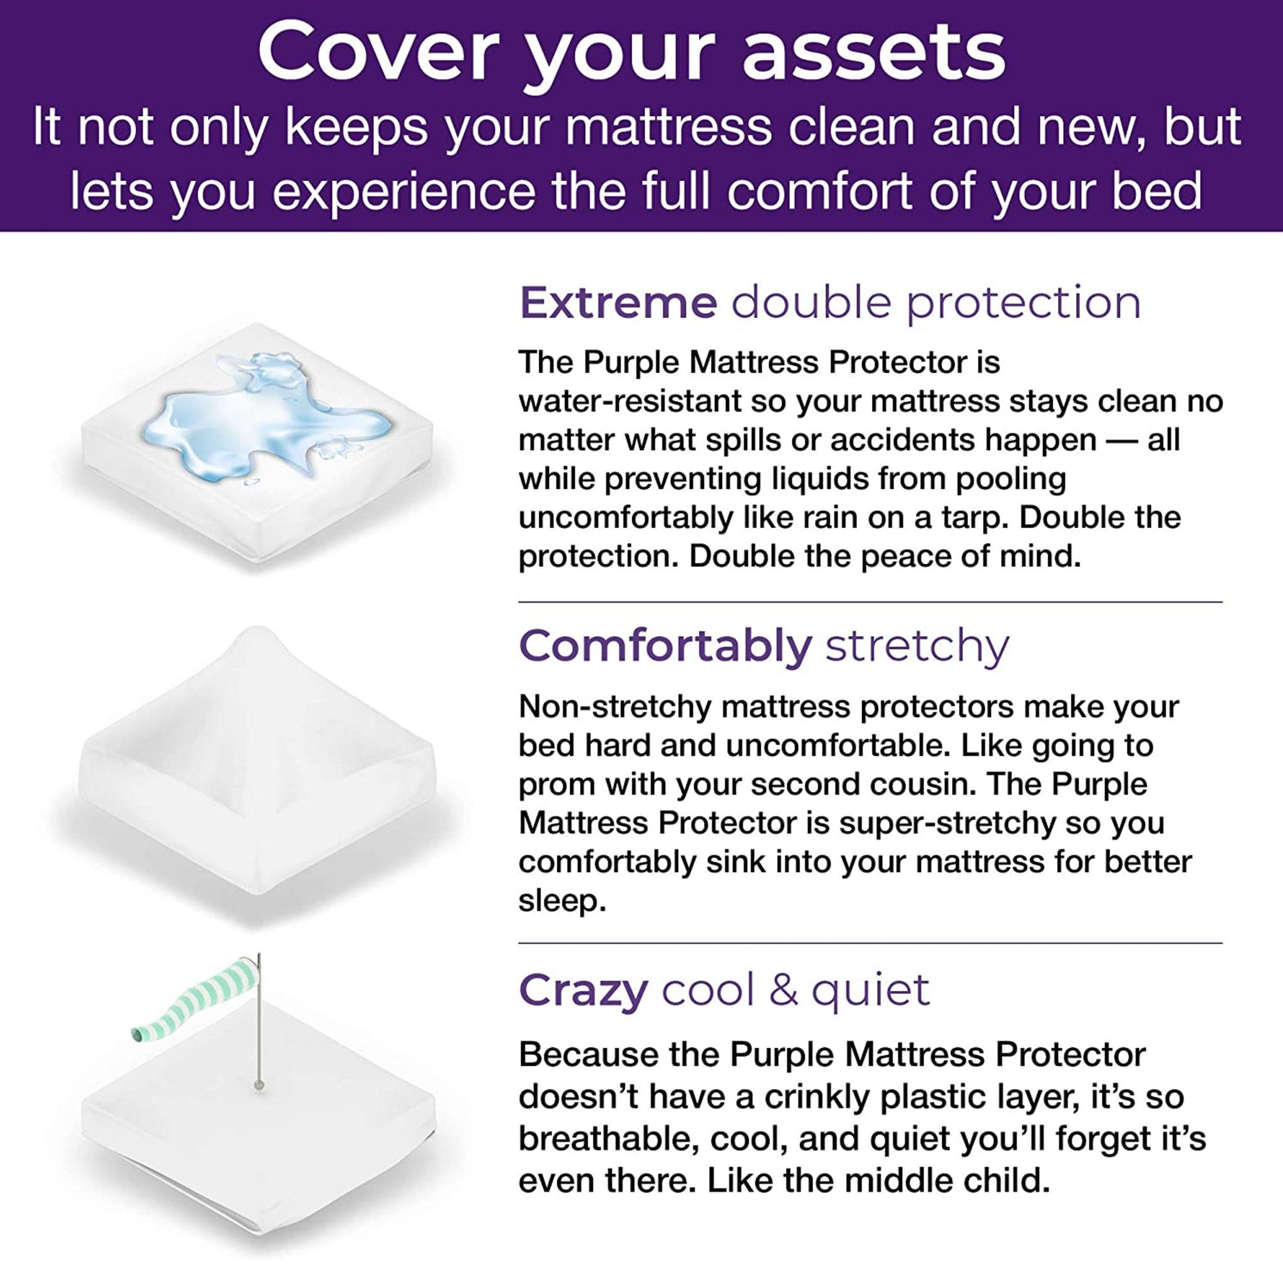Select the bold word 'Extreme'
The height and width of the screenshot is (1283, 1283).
[618, 303]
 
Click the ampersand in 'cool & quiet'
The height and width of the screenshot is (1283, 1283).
[784, 990]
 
